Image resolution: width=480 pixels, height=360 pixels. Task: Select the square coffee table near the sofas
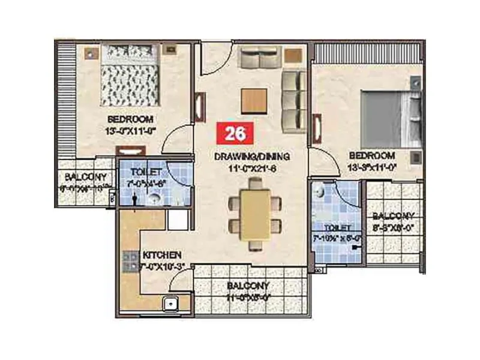254,100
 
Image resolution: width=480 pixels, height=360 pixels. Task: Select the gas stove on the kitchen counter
130,260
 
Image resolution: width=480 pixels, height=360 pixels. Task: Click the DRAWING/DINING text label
252,157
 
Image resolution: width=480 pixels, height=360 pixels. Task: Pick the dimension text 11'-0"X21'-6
252,169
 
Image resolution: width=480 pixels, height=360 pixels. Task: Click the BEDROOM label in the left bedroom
130,119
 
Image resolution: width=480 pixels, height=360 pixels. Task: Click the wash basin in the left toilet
154,199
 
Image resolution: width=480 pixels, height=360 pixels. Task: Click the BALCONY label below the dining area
248,286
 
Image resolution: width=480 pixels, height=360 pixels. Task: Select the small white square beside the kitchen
178,220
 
